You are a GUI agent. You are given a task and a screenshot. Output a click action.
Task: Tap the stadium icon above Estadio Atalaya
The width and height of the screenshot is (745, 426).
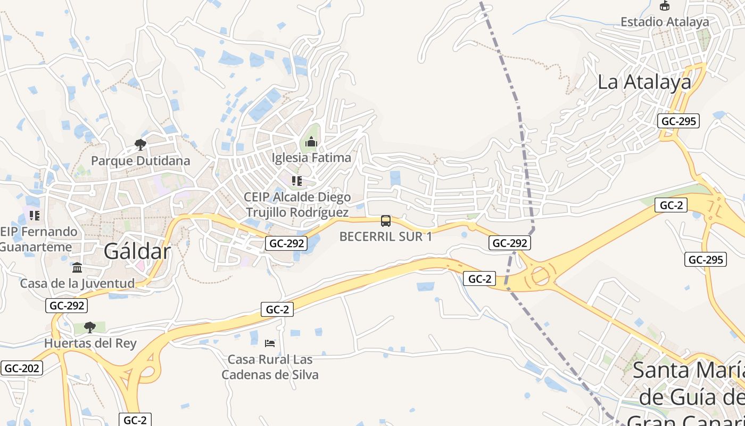[x=664, y=6]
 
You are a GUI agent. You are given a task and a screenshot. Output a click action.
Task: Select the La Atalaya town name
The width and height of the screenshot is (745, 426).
[x=644, y=82]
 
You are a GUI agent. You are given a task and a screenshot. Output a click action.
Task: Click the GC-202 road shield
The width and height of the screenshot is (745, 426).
[x=21, y=368]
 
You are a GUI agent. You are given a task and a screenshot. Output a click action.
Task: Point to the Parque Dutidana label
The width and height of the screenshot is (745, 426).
[x=140, y=160]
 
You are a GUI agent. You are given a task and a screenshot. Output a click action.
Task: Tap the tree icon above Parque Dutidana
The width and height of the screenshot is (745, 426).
[x=140, y=144]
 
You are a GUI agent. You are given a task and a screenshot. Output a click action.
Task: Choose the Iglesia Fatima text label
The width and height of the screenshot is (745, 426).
[x=311, y=158]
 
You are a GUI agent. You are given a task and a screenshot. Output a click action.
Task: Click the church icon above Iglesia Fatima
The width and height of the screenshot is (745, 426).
[x=311, y=142]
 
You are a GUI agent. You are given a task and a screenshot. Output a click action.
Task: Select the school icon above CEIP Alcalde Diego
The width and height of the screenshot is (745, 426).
[x=297, y=181]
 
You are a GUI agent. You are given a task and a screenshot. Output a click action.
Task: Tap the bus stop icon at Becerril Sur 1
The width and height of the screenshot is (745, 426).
[x=386, y=220]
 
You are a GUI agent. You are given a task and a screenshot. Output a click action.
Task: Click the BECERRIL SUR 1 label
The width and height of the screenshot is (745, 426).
[x=386, y=237]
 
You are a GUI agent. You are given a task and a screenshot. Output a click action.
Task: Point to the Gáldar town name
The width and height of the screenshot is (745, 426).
[x=137, y=251]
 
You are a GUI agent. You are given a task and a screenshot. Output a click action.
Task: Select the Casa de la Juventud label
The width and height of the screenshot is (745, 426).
[x=77, y=283]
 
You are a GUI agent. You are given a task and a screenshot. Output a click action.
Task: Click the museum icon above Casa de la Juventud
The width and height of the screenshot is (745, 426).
[x=77, y=267]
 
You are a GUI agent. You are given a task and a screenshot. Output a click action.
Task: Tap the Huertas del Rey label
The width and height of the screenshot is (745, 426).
[x=90, y=343]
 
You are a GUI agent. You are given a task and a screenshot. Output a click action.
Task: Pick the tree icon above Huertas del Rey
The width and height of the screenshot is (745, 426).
[x=90, y=326]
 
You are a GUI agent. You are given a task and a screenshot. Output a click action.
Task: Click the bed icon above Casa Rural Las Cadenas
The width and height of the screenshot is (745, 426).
[x=270, y=342]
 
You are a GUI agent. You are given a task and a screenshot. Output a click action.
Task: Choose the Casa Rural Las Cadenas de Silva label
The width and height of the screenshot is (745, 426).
[x=270, y=367]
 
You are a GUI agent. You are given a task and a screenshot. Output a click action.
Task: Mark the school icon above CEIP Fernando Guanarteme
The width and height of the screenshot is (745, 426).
[x=35, y=216]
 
